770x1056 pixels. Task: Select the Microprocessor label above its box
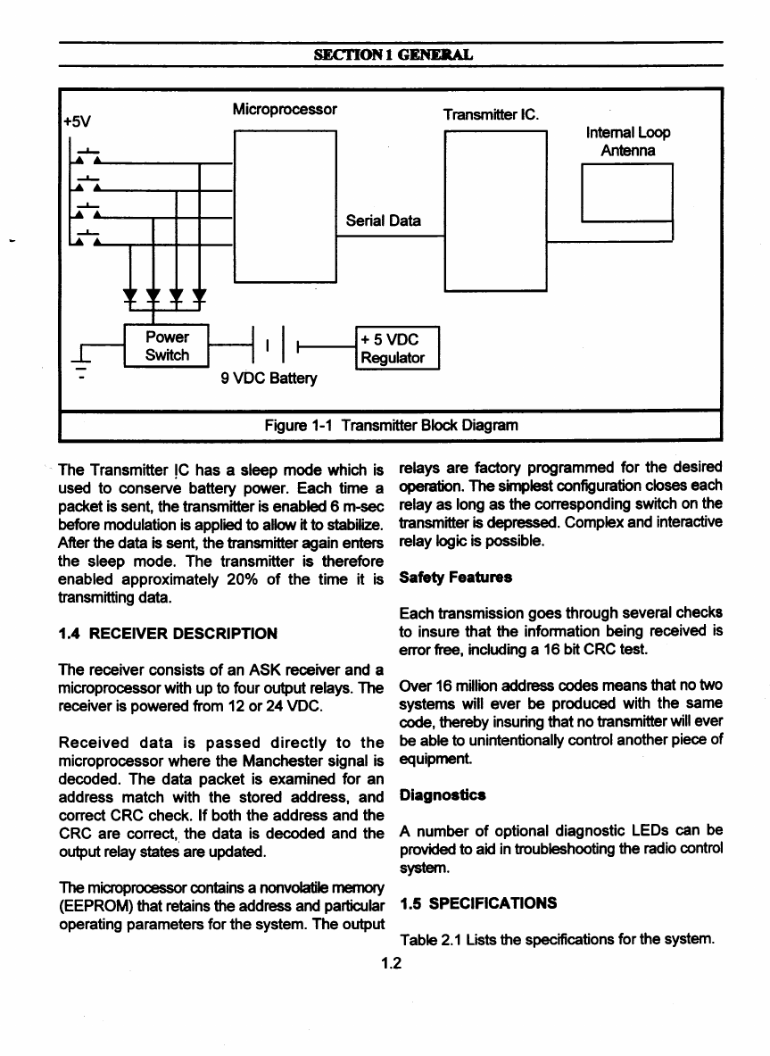click(x=284, y=110)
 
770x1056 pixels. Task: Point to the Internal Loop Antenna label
click(x=628, y=141)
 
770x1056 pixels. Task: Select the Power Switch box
click(x=167, y=346)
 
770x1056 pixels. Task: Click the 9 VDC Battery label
click(x=269, y=378)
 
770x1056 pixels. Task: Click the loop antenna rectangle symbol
click(x=625, y=195)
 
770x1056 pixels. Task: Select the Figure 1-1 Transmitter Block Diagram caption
click(x=391, y=425)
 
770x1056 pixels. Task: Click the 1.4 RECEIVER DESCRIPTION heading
click(x=167, y=633)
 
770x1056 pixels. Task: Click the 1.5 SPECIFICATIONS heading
click(x=479, y=902)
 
